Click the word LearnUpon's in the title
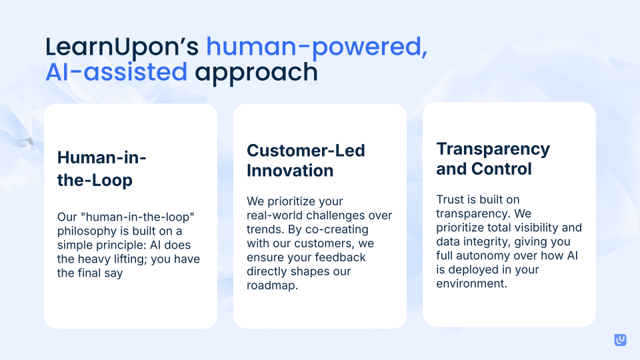[122, 47]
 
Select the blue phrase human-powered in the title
[315, 47]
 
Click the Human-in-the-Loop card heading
[102, 169]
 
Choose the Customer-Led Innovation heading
[306, 160]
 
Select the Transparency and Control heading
[493, 158]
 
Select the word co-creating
[357, 229]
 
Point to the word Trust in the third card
[451, 199]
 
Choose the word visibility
[546, 227]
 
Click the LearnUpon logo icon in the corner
[620, 340]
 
